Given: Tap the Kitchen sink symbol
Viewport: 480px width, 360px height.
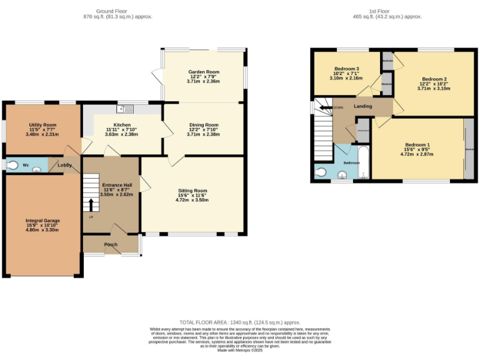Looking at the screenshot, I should pos(129,109).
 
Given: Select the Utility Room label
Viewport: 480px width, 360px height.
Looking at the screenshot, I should pos(42,125).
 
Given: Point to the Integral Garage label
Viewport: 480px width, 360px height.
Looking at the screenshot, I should pos(42,221).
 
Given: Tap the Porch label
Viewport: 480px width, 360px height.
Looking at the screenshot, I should pos(111,244).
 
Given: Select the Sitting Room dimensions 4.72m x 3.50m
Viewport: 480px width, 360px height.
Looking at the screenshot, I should pos(192,200).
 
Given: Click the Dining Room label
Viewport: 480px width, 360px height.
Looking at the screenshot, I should pos(203,125).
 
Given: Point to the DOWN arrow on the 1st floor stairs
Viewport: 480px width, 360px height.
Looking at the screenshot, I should pos(324,107).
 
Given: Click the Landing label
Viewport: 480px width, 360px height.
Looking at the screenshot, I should pos(362,106).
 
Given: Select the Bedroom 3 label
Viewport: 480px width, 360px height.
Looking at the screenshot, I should pos(346,68).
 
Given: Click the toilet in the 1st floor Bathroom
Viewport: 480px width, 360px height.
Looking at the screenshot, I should pos(322,172).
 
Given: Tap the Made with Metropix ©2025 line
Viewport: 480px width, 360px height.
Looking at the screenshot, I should pos(240,351).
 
